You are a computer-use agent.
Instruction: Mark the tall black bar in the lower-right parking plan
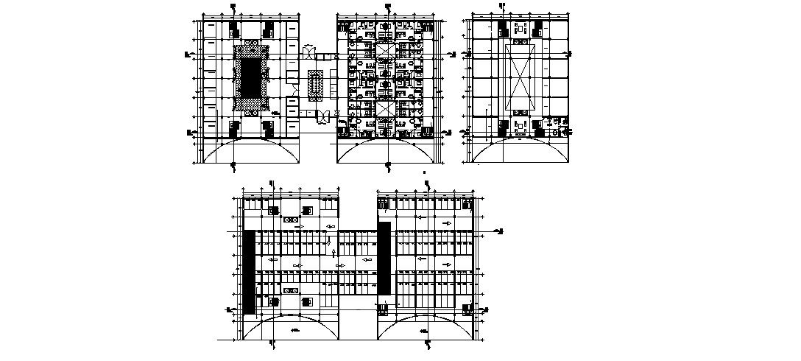384,257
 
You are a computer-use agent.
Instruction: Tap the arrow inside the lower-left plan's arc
295,331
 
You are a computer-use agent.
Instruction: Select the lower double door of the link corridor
322,116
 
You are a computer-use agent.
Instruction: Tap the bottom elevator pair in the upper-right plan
520,126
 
